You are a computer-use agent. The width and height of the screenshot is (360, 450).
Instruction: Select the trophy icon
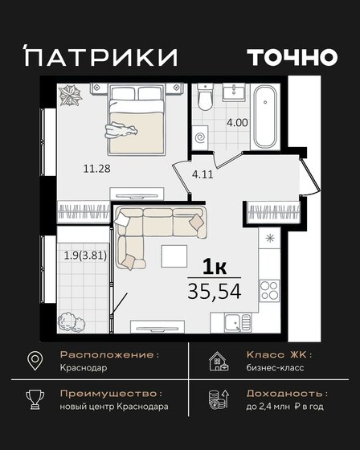(35, 400)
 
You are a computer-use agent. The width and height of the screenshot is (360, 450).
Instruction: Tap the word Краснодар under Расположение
(84, 367)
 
